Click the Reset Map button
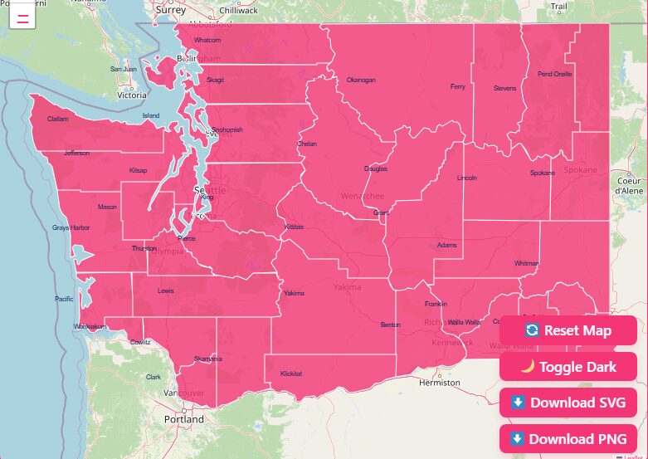[568, 330]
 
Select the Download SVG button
[568, 403]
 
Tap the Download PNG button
[568, 438]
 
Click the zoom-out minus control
[22, 17]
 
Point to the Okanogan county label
[361, 80]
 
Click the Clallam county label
[58, 119]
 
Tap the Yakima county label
[294, 293]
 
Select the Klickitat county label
[291, 374]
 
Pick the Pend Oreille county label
[554, 74]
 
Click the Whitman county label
[526, 262]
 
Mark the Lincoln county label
[467, 178]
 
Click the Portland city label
[183, 419]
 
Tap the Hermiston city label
[440, 383]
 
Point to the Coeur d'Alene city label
[629, 185]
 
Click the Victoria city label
[131, 95]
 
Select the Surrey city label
[170, 10]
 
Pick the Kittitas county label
[295, 226]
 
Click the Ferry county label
[458, 86]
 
